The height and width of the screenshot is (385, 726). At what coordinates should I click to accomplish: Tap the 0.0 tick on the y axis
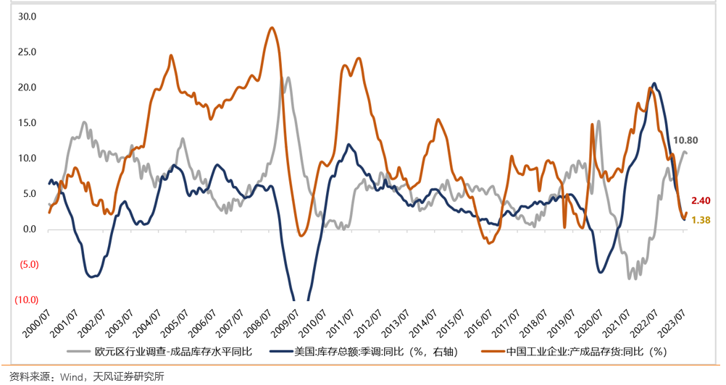pos(29,229)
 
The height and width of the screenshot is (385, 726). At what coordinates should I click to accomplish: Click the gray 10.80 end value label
pos(685,140)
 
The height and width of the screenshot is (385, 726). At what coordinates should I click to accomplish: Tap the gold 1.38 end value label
pos(700,220)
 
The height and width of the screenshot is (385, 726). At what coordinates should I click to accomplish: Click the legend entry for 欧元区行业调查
pos(167,352)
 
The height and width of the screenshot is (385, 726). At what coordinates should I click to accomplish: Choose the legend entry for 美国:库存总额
pos(370,352)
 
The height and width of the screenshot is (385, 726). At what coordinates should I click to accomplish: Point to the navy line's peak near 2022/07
pos(654,84)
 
